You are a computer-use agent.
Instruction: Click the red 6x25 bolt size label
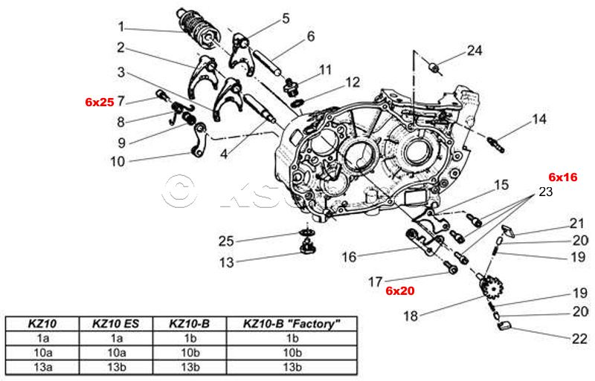pos(99,102)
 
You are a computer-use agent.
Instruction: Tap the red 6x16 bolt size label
pos(563,177)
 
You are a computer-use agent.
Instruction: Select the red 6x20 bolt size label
pos(399,290)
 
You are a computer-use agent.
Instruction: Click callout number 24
pos(475,51)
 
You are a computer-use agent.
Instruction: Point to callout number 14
pos(539,119)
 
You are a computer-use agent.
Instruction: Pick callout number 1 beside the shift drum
pos(120,27)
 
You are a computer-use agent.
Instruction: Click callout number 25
pos(226,241)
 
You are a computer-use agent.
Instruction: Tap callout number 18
pos(411,316)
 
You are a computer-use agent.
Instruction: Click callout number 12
pos(352,82)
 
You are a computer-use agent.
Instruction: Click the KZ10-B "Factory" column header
pos(292,324)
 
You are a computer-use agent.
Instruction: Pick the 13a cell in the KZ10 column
pos(42,367)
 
